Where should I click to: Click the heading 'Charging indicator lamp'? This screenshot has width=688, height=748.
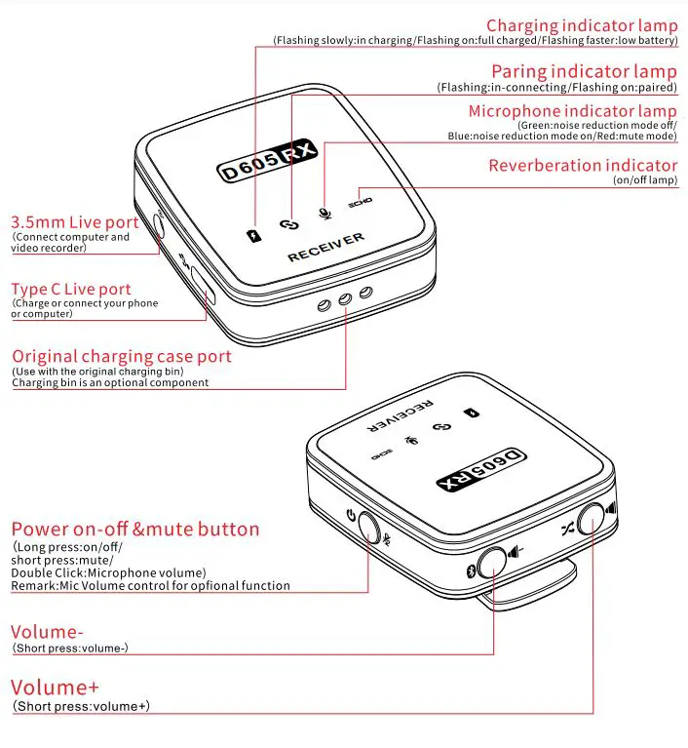[581, 26]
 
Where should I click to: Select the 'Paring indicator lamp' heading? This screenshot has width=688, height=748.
[583, 72]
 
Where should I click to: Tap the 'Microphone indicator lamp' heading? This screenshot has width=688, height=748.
[572, 112]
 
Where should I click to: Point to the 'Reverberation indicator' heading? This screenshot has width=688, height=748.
[582, 165]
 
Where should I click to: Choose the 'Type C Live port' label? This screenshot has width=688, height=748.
[71, 290]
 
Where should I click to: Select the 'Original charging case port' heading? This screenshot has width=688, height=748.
[122, 357]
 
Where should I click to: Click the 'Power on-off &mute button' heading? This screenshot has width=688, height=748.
[135, 530]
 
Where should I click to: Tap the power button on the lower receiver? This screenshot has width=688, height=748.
[369, 527]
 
